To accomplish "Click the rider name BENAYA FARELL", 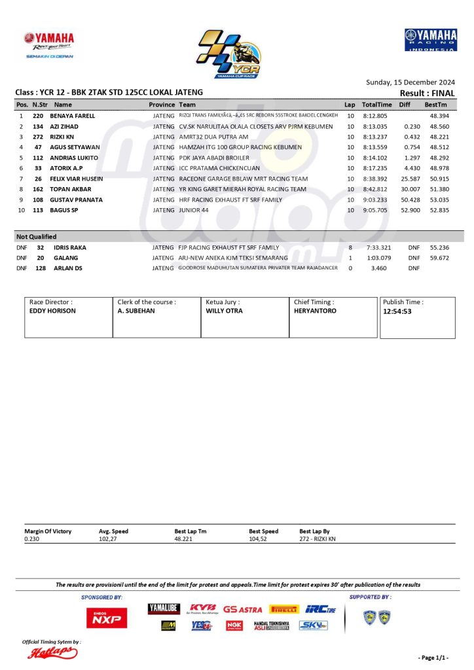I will coord(72,116).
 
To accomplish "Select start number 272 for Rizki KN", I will coord(39,137).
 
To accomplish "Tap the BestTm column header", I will coord(435,105).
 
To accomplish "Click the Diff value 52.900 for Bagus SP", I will coord(410,210).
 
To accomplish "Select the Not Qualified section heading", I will coord(37,236).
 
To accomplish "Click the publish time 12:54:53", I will coord(397,311).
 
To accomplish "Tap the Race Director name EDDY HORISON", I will coord(52,311).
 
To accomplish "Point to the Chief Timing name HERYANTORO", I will coord(315,311).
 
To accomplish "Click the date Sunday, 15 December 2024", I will coord(410,82).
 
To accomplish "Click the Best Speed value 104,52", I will coord(258,539).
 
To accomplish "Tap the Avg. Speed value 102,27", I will coord(108,539).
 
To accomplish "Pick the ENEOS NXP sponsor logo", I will coord(107,616).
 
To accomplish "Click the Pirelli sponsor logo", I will coord(284,609).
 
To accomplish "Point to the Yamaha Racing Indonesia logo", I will coord(430,40).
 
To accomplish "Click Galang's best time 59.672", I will coord(439,258).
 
